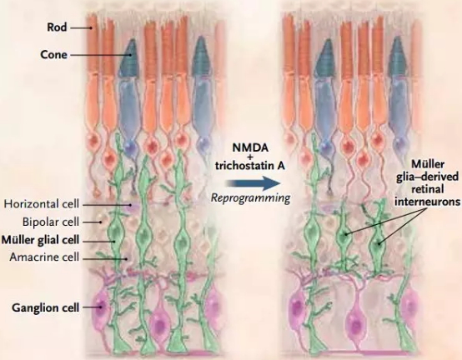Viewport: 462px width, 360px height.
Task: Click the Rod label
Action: (57, 27)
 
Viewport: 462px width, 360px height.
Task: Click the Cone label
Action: (53, 55)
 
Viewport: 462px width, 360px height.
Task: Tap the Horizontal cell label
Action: (42, 203)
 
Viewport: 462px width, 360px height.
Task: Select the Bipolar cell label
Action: (51, 222)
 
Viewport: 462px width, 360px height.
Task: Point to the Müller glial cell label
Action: (40, 240)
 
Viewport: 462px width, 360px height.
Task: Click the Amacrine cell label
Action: (44, 257)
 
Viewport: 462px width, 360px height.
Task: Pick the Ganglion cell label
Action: (46, 307)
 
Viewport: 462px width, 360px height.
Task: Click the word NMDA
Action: (250, 147)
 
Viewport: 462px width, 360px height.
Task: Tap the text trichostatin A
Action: (250, 166)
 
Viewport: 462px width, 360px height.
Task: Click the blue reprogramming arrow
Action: (253, 183)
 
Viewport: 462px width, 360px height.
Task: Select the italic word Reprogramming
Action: (250, 197)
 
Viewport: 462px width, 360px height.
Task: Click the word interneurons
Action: (427, 202)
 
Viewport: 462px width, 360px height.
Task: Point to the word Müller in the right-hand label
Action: (428, 164)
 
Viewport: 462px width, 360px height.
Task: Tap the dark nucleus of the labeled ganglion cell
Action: (101, 306)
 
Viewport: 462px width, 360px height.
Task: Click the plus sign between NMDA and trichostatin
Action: (250, 157)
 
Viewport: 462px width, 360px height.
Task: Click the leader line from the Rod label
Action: (82, 28)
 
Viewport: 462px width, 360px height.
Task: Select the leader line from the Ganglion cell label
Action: (92, 307)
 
